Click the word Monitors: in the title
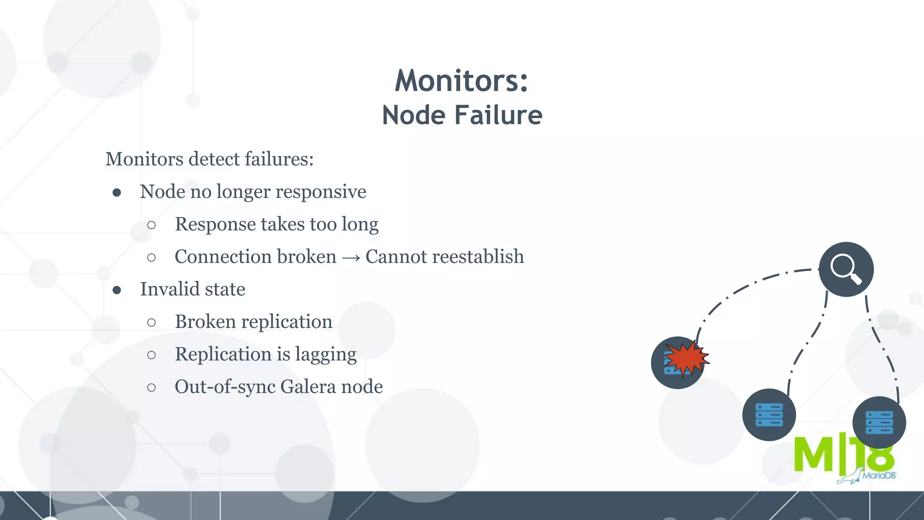click(x=461, y=81)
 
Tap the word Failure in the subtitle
click(x=498, y=115)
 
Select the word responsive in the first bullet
click(x=321, y=192)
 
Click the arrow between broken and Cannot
click(x=351, y=258)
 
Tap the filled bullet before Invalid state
click(x=117, y=290)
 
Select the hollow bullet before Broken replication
click(x=152, y=322)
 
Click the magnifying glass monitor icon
click(x=845, y=269)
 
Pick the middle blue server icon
click(x=769, y=415)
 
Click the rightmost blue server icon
click(x=879, y=423)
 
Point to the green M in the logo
click(x=813, y=454)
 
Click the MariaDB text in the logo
click(x=879, y=475)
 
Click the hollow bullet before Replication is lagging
click(x=152, y=355)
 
